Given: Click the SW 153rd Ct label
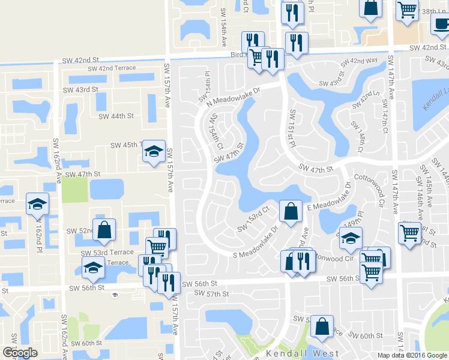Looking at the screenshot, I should (x=252, y=220).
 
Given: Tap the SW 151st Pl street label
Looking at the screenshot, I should (x=293, y=129).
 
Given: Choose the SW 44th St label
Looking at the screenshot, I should (x=115, y=116).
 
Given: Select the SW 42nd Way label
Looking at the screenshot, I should (x=359, y=61).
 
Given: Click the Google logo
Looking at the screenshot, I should (x=20, y=353).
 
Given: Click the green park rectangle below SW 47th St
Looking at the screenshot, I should (x=75, y=190).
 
